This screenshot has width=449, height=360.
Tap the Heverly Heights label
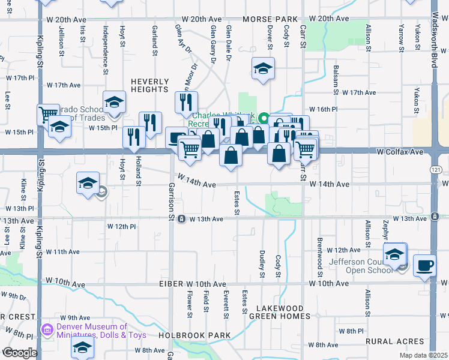click(149, 85)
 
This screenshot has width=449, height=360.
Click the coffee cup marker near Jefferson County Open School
click(425, 265)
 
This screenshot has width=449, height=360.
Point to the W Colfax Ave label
click(400, 152)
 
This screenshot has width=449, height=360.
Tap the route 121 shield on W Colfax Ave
click(433, 170)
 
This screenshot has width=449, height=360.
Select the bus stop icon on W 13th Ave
click(181, 219)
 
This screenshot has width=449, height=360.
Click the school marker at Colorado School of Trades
click(113, 102)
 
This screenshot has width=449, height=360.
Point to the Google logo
click(19, 353)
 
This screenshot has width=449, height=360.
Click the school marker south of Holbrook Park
click(83, 347)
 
